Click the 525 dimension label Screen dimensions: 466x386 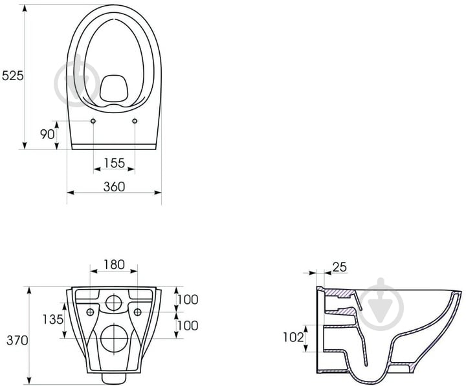point(12,76)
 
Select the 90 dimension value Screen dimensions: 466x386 point(47,134)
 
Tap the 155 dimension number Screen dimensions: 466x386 point(115,163)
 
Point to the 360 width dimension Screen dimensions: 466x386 point(115,187)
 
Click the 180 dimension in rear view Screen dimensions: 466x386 point(114,264)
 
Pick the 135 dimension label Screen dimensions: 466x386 point(53,319)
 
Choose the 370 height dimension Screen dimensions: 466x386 point(17,340)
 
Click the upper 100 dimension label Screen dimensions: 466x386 point(188,299)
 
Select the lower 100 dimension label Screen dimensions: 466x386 point(188,326)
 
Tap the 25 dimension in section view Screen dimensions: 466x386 point(339,267)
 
